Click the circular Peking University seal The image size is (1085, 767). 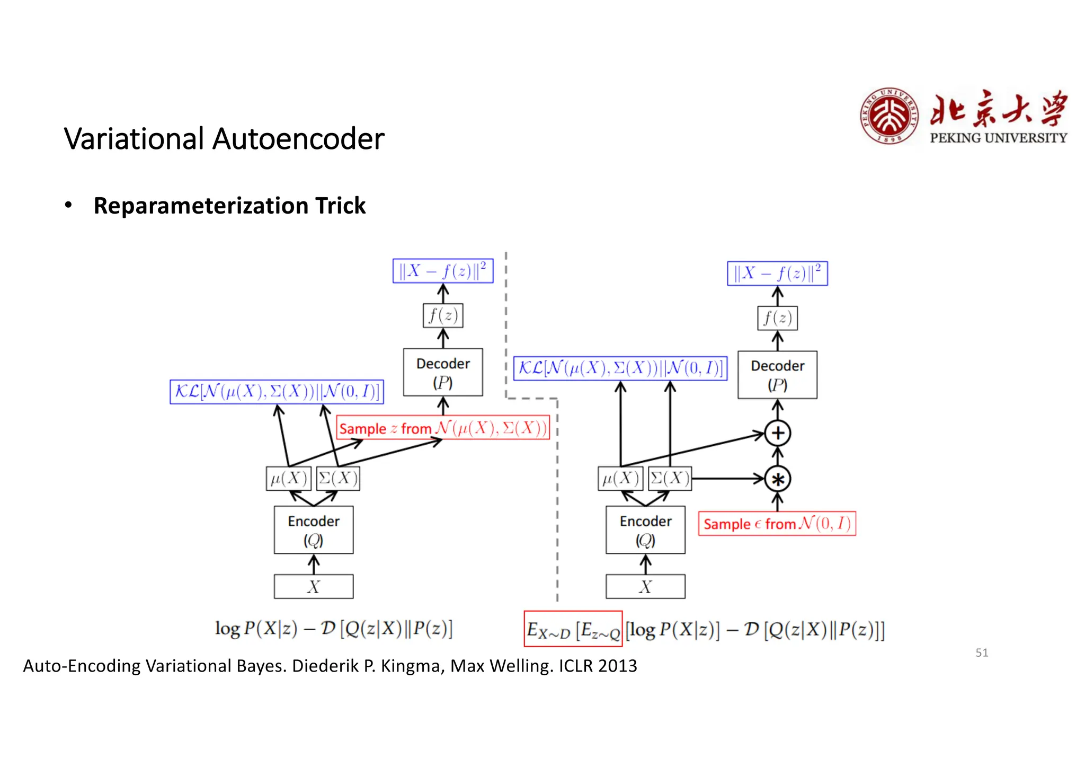[x=888, y=116]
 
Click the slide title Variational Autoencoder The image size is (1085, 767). [x=224, y=139]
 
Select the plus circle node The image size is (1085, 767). [x=777, y=433]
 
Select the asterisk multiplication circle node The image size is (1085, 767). [x=777, y=479]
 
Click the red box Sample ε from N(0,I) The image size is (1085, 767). [x=776, y=524]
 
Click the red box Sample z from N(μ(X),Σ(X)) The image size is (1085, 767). [x=442, y=428]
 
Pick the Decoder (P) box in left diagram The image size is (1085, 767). [x=442, y=372]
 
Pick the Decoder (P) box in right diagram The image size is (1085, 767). [x=777, y=374]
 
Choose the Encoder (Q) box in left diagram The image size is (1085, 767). [x=313, y=530]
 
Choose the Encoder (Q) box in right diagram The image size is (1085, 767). [x=645, y=530]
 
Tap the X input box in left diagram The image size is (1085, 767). [x=313, y=586]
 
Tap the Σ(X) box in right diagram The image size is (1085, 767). [x=670, y=479]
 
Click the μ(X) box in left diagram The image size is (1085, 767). [x=288, y=479]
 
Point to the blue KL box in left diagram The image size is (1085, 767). [x=277, y=392]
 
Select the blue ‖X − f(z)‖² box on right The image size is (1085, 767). [x=777, y=274]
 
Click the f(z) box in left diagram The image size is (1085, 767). [x=442, y=315]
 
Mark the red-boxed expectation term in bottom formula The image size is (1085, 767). [x=573, y=629]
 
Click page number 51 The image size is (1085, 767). [x=981, y=653]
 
